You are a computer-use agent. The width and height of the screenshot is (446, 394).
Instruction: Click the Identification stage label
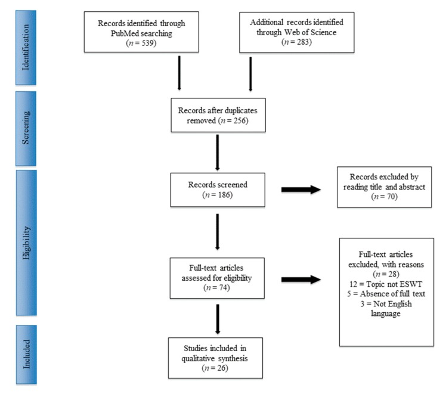(x=26, y=47)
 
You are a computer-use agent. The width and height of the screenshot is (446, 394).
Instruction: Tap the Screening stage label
(x=26, y=128)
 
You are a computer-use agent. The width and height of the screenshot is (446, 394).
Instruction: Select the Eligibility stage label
(x=26, y=243)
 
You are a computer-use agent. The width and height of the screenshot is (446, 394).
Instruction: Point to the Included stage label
(x=26, y=354)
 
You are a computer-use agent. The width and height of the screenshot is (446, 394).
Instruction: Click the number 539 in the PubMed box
(x=147, y=43)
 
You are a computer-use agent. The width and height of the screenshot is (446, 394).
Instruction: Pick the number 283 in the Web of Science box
(x=302, y=42)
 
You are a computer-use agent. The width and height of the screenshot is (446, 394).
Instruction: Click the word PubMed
(x=124, y=33)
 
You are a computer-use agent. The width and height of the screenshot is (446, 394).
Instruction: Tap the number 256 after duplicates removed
(x=240, y=120)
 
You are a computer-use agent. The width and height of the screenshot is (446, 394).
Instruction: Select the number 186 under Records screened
(x=224, y=195)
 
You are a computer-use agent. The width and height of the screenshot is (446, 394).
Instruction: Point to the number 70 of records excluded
(x=391, y=197)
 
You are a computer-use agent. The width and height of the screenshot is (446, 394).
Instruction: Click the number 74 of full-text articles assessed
(x=223, y=288)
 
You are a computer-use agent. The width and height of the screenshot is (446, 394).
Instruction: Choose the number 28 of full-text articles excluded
(x=392, y=274)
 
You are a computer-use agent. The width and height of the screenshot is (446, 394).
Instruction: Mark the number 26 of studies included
(x=221, y=368)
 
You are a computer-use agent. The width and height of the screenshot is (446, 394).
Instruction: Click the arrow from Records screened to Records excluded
(x=301, y=190)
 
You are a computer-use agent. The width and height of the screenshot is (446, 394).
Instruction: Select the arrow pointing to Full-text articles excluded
(x=301, y=280)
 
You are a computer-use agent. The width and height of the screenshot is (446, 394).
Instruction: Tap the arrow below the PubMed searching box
(x=179, y=73)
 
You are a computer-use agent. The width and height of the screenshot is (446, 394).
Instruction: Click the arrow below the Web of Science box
(x=250, y=74)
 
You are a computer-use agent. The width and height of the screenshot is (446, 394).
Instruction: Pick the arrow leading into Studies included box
(x=218, y=319)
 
